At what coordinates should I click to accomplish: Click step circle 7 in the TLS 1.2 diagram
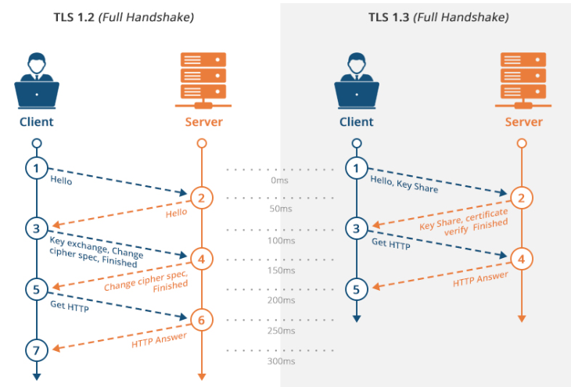click(x=36, y=348)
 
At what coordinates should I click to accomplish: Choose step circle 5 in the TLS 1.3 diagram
click(x=357, y=289)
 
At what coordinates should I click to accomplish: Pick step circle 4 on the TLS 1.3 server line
click(x=523, y=257)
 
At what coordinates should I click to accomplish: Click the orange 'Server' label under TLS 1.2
click(x=204, y=122)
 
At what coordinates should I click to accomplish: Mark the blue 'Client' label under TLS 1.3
click(x=357, y=122)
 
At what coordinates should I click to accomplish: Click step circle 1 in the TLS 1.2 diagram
click(x=36, y=167)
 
